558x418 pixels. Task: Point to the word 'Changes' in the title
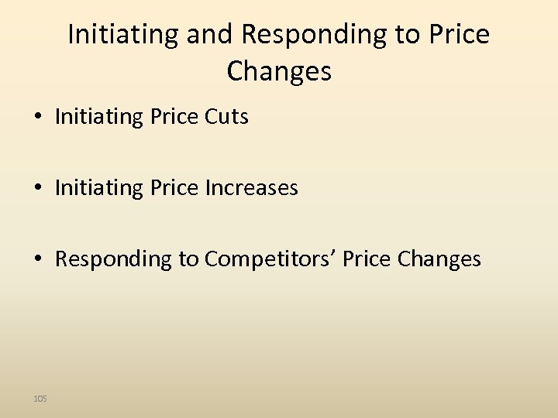coord(279,71)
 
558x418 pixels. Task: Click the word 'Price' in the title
coord(458,34)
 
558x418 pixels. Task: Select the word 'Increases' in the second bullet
coord(251,187)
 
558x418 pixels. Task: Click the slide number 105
coord(40,398)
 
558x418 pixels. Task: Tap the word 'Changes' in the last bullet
coord(439,259)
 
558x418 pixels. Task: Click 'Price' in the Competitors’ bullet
coord(367,259)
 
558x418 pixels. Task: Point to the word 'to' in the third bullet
coord(190,259)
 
